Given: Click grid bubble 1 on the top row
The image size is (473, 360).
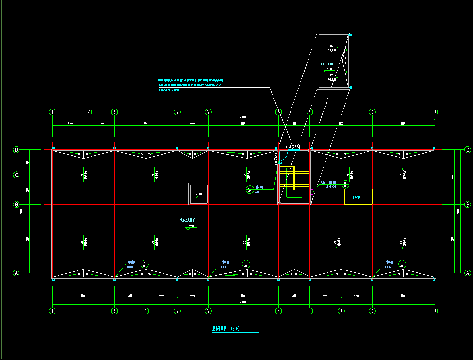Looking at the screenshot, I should pos(52,112).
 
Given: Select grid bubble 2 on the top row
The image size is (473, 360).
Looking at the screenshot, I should pos(89,112).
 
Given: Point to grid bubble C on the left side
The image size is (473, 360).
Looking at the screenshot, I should pos(16,175).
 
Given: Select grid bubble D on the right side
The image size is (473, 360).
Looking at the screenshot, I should pos(468,150).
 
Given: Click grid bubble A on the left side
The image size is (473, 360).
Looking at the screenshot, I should pos(16,273).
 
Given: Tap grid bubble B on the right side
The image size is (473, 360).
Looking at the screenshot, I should pos(468,204).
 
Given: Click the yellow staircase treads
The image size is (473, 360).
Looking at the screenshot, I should pos(288,178).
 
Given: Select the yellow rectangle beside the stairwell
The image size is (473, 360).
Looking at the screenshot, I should pos(358,197).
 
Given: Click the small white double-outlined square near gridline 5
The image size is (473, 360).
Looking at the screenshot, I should pos(199,194).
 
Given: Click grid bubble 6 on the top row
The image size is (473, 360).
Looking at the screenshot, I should pos(208,112).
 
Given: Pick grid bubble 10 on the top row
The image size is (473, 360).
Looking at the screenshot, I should pos(372,112).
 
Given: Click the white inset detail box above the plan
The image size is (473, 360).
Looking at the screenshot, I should pos(333,61).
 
